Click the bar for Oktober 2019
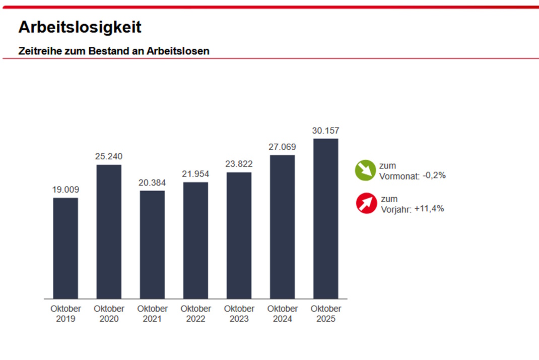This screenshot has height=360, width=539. click(x=65, y=248)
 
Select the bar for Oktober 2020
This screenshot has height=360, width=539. click(x=109, y=231)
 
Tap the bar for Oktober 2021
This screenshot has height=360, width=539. click(x=152, y=245)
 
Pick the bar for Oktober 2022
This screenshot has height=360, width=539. click(x=195, y=241)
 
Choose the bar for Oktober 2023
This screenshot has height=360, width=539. click(x=239, y=235)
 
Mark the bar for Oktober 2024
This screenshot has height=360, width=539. click(x=282, y=227)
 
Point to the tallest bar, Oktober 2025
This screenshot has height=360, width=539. click(x=325, y=219)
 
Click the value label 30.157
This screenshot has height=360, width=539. click(x=325, y=131)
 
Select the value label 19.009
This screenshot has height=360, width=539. click(x=65, y=190)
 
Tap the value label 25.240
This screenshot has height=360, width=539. click(x=109, y=157)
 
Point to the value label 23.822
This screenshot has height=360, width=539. click(x=239, y=164)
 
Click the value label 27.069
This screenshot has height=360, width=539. click(x=282, y=147)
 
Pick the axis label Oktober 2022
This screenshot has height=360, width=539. click(x=195, y=314)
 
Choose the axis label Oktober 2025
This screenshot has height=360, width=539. click(x=325, y=314)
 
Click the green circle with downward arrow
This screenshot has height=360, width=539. click(x=366, y=170)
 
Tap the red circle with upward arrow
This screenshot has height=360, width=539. click(x=367, y=203)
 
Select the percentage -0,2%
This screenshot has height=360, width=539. click(x=434, y=175)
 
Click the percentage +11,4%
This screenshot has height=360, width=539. click(x=429, y=208)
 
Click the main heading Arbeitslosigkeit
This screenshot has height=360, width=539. click(x=80, y=27)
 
